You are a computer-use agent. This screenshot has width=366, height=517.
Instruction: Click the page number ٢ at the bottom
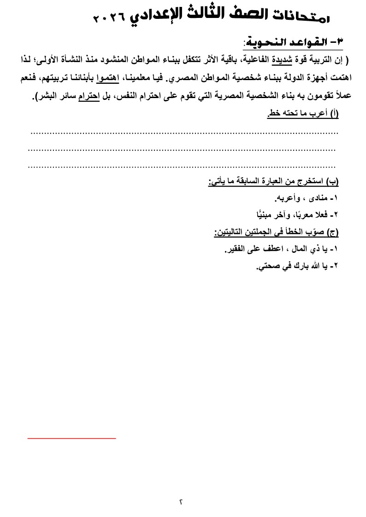tap(181, 501)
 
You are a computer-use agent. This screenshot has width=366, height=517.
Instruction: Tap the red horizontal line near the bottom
tap(71, 438)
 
